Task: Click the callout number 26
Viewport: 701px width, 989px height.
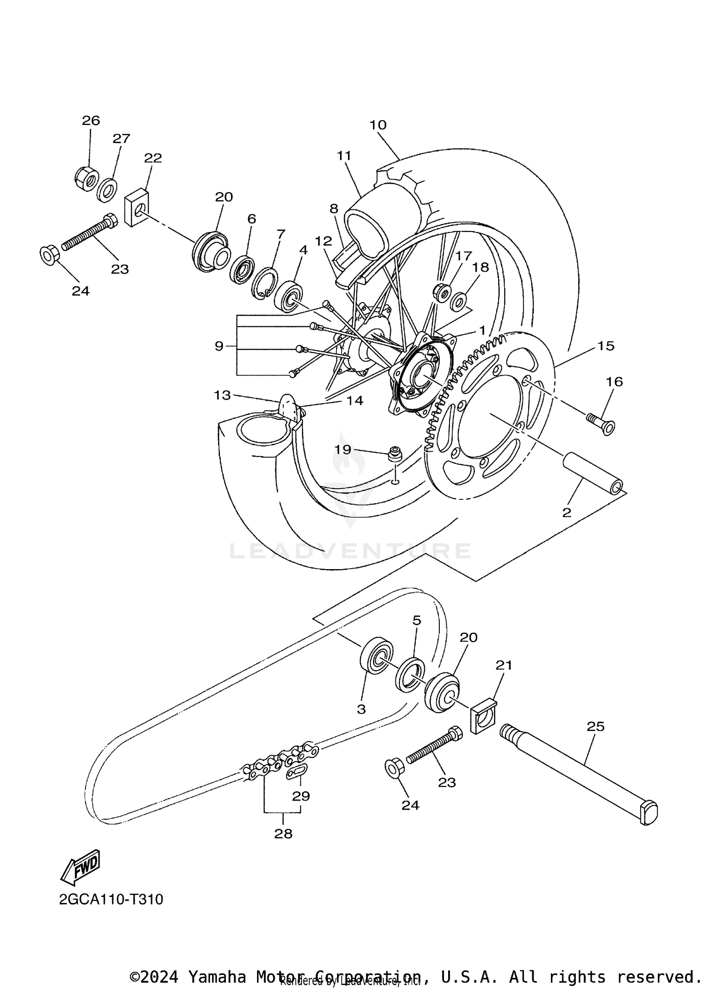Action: [91, 121]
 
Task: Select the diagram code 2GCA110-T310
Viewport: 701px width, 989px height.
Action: [111, 900]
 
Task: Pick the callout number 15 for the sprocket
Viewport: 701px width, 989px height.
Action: [606, 346]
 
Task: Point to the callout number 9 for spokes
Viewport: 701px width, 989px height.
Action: [219, 347]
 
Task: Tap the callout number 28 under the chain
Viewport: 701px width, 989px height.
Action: [283, 833]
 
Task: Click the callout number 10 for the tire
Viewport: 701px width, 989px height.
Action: [378, 125]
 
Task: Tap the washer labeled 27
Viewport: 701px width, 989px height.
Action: [107, 189]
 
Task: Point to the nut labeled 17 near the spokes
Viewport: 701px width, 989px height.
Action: [442, 292]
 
